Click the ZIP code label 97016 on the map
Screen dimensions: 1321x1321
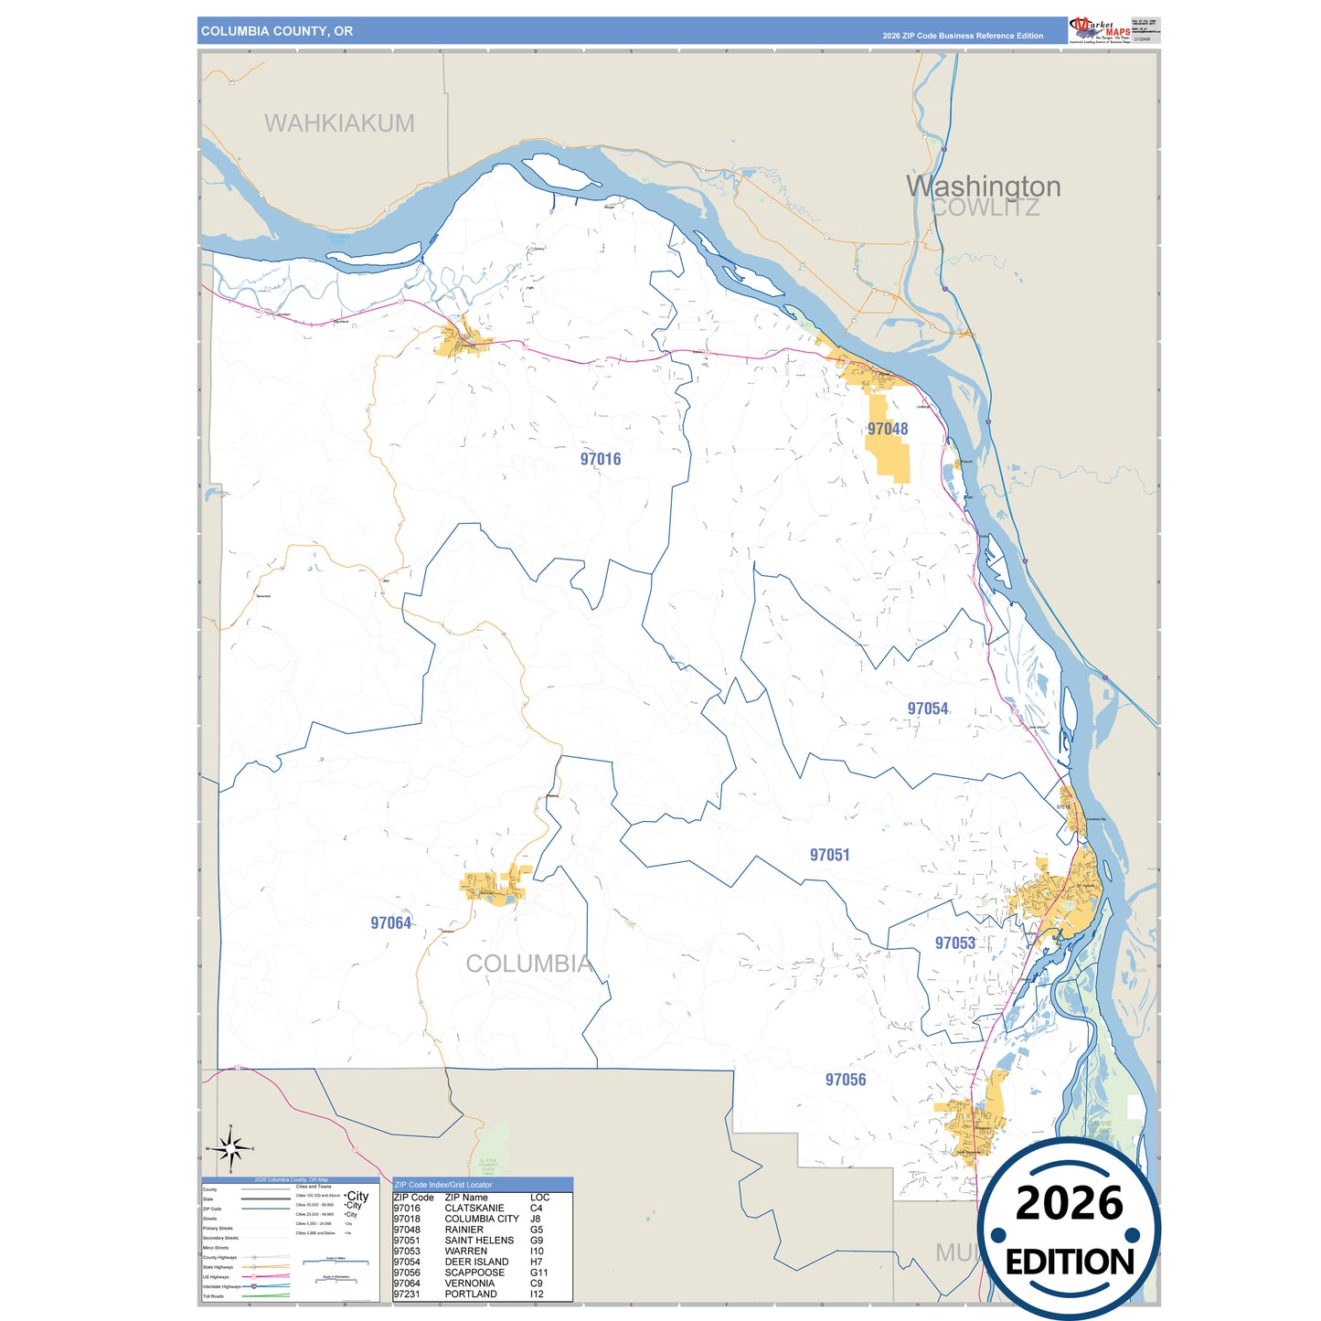(x=601, y=459)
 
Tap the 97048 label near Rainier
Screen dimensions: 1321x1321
(x=888, y=429)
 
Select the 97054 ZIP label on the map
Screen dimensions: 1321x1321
(x=928, y=708)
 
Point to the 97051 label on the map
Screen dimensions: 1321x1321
(x=830, y=855)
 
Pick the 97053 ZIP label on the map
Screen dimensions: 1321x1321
(x=955, y=943)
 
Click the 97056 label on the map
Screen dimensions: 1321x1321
(x=846, y=1080)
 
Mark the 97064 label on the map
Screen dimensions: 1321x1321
(x=391, y=923)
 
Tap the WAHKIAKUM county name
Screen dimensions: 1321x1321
(x=339, y=123)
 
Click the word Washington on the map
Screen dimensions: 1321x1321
(x=984, y=186)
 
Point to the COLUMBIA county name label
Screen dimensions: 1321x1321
(x=529, y=964)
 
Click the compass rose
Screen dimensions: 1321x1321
(x=231, y=1148)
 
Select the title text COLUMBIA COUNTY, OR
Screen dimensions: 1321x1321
(x=277, y=31)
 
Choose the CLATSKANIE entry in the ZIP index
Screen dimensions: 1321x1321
(x=474, y=1209)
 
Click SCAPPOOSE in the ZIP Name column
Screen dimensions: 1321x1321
(x=474, y=1273)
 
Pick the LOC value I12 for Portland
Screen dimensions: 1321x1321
(x=537, y=1294)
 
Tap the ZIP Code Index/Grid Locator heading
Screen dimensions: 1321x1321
(x=443, y=1185)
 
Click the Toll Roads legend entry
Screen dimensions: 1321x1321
(x=213, y=1296)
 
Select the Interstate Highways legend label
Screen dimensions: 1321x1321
(x=220, y=1286)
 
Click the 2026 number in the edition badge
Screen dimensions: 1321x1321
(x=1069, y=1204)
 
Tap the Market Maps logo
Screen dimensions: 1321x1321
(x=1100, y=30)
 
